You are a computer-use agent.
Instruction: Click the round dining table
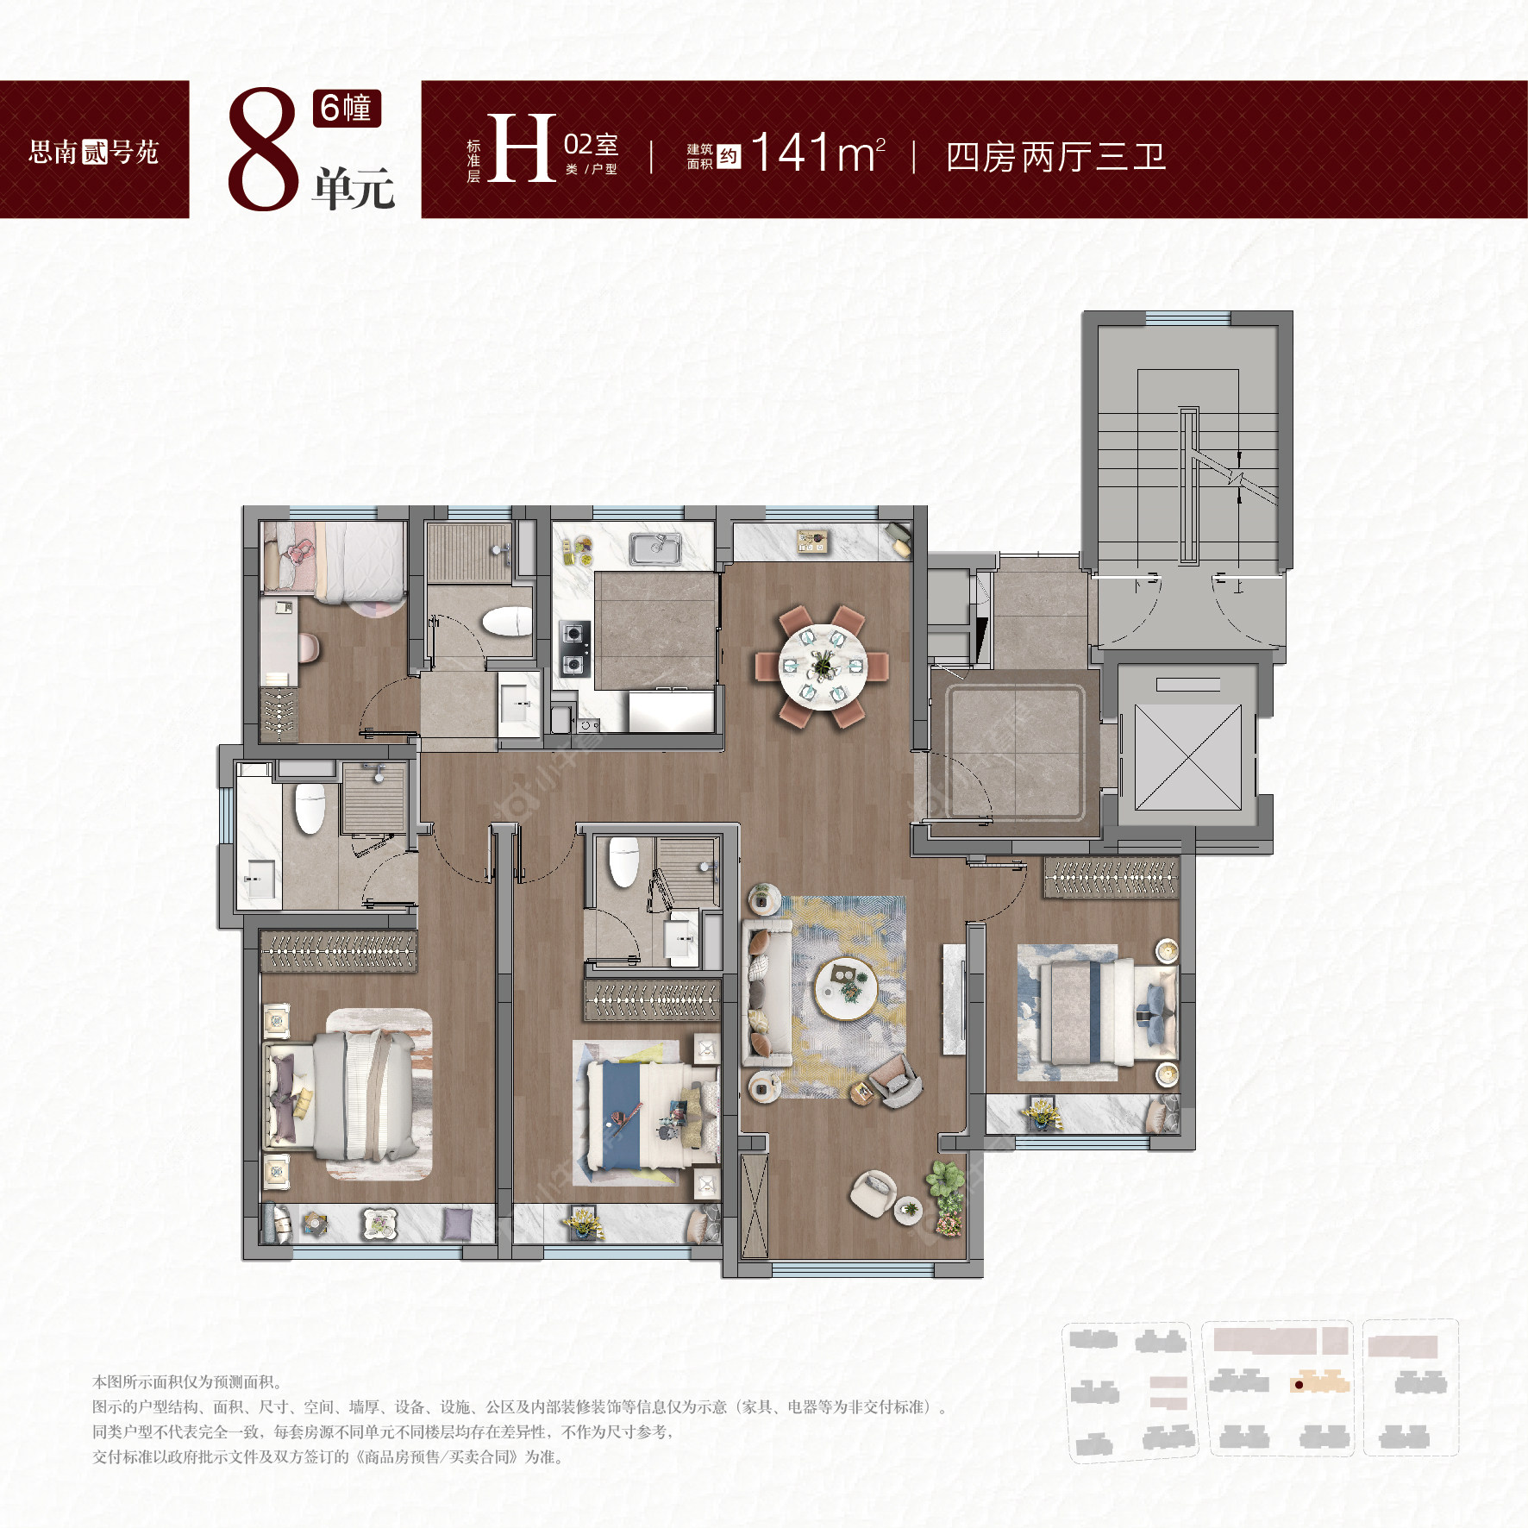click(823, 666)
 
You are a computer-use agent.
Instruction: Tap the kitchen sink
click(655, 548)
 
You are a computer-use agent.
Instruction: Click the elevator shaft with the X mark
click(1188, 757)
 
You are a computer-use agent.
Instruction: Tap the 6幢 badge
click(347, 108)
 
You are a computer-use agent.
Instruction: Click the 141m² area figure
click(817, 153)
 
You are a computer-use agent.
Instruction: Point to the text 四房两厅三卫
click(1055, 157)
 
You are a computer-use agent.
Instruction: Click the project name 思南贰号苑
click(94, 153)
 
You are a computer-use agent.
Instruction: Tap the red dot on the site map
click(1299, 1385)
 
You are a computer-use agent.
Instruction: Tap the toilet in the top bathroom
click(506, 622)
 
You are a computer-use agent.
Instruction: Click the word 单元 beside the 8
click(354, 188)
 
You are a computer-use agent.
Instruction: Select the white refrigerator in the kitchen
click(671, 711)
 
